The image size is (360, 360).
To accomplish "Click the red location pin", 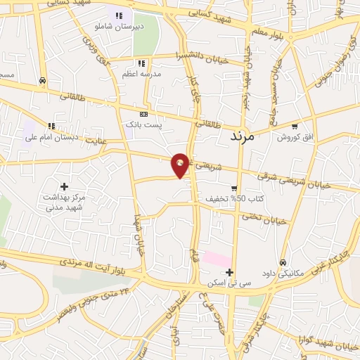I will click(x=181, y=165).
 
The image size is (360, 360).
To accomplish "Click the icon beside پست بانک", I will click(x=144, y=114).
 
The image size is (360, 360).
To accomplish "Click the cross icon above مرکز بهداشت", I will click(x=65, y=186).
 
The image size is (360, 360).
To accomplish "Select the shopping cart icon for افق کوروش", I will click(x=295, y=127).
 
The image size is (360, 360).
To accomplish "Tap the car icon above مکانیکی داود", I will click(x=283, y=262).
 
